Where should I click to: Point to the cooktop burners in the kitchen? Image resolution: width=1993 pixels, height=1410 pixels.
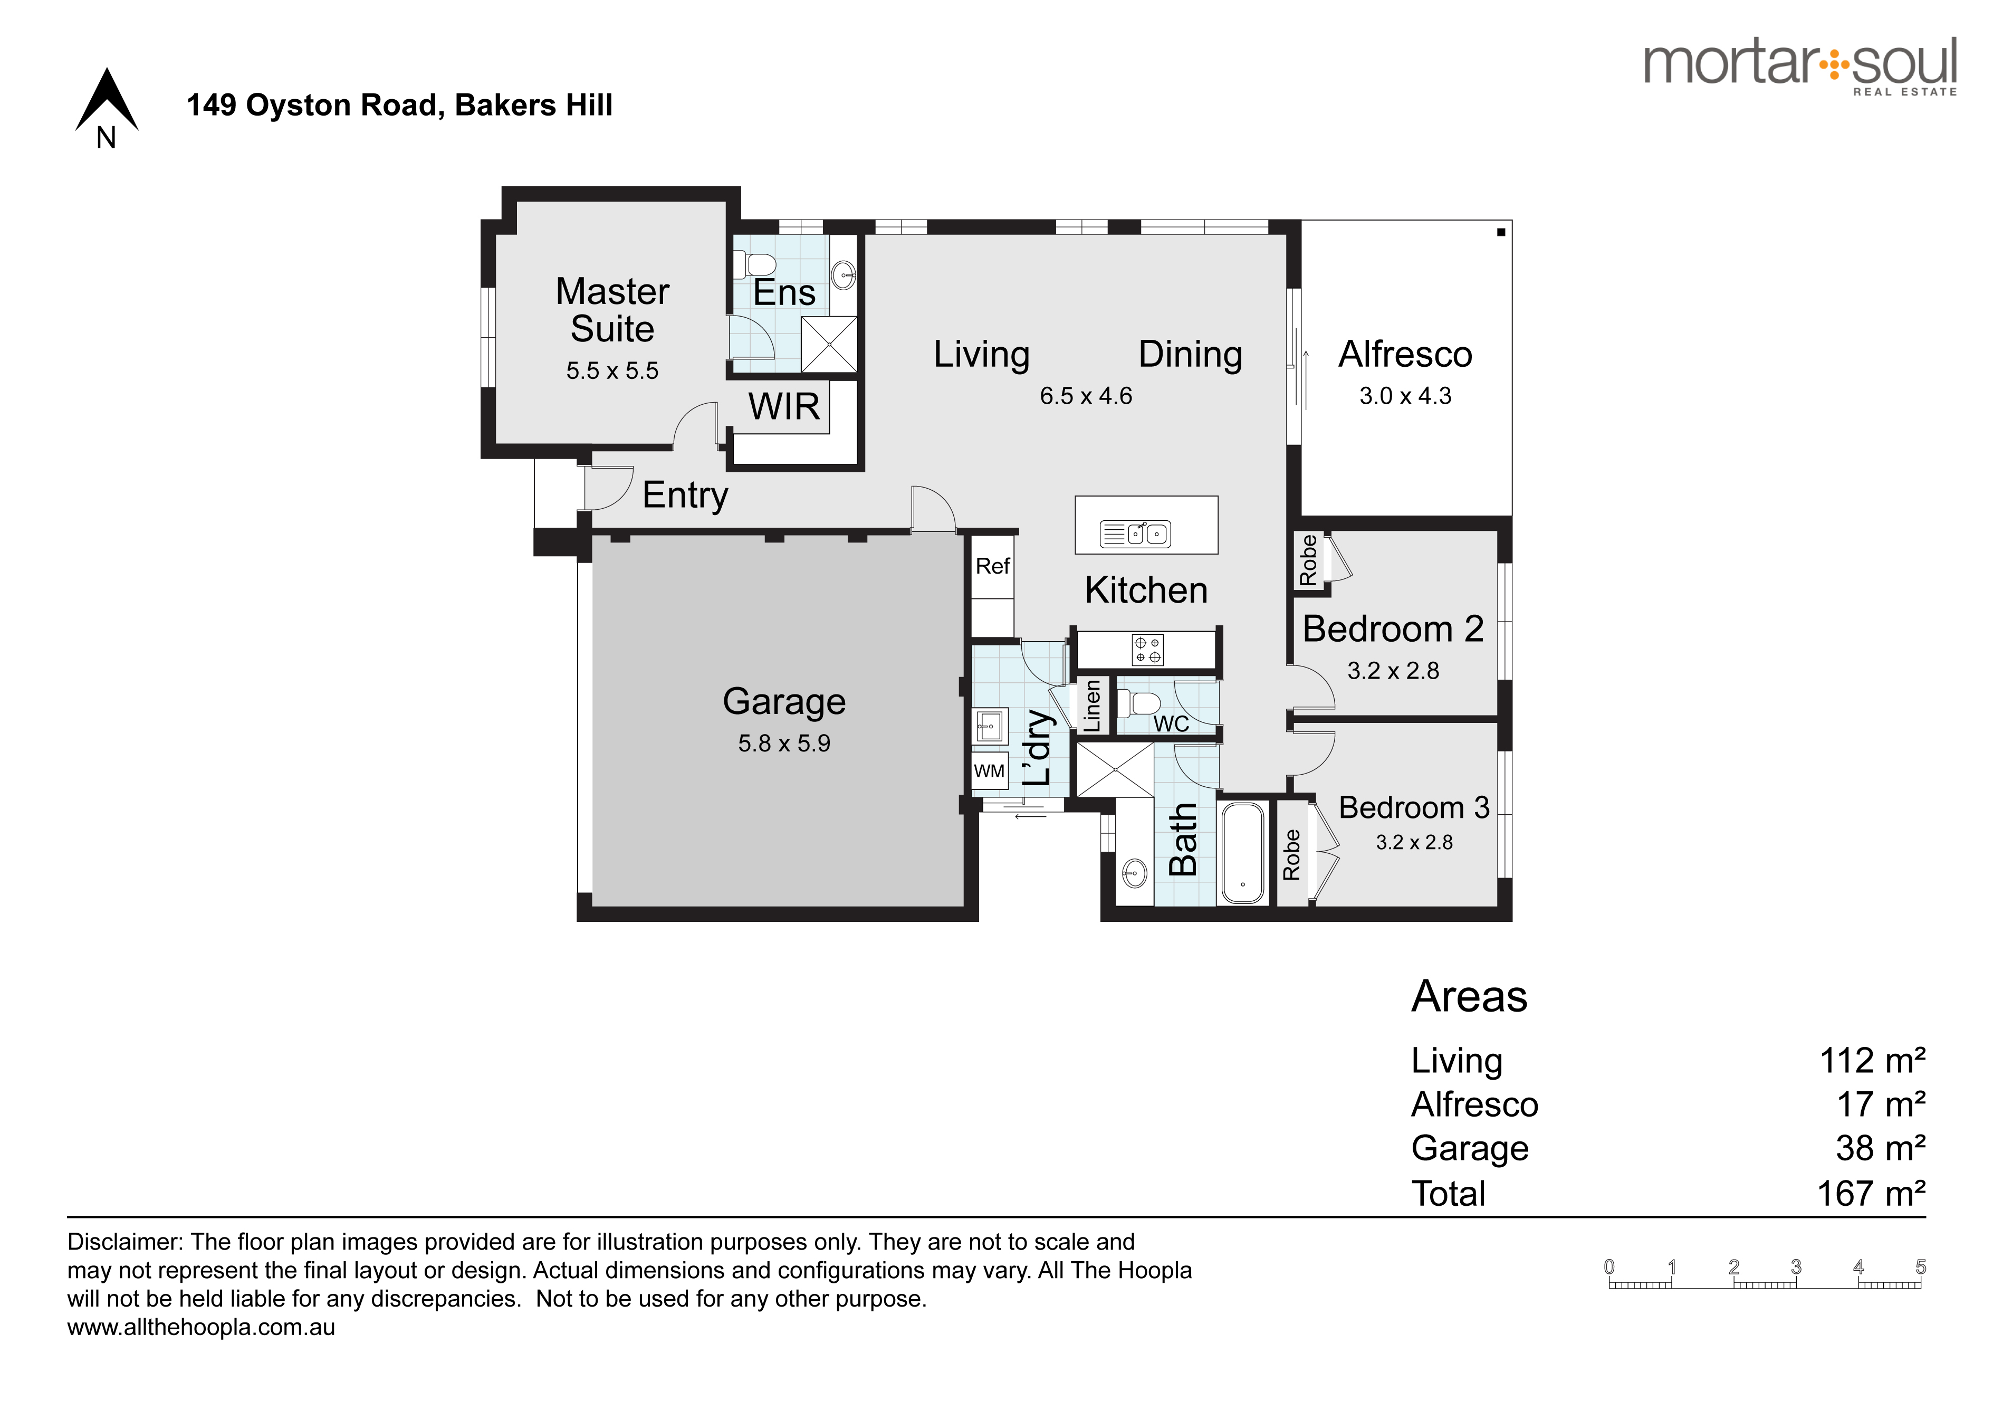pyautogui.click(x=1147, y=650)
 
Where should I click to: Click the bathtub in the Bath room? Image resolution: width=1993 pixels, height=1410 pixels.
pyautogui.click(x=1244, y=853)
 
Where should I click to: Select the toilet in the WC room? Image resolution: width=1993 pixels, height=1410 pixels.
pyautogui.click(x=1138, y=701)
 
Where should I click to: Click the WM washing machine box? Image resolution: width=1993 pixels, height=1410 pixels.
pyautogui.click(x=990, y=771)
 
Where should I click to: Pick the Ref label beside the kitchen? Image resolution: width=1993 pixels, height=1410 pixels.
pyautogui.click(x=992, y=566)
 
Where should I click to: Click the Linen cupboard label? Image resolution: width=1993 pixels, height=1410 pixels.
pyautogui.click(x=1092, y=706)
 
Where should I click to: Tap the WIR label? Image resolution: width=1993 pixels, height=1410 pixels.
pyautogui.click(x=784, y=406)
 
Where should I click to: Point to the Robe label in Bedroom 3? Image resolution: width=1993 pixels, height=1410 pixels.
pyautogui.click(x=1291, y=854)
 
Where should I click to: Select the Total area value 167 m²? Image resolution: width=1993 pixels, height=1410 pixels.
pyautogui.click(x=1872, y=1193)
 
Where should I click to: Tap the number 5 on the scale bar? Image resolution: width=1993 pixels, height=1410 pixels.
pyautogui.click(x=1921, y=1267)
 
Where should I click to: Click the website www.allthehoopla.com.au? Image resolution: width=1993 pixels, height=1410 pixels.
pyautogui.click(x=202, y=1328)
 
